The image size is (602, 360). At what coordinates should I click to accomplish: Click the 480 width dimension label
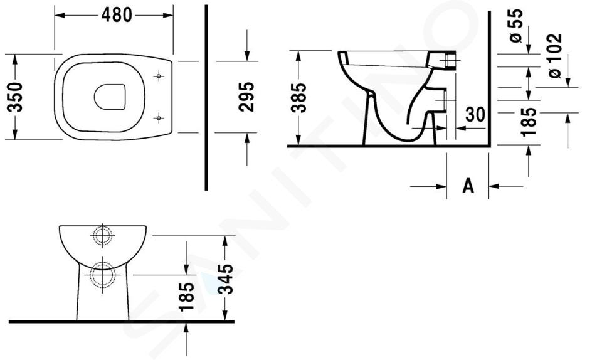(117, 15)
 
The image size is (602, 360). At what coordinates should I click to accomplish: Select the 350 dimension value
(15, 97)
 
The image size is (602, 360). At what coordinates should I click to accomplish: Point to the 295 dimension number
(246, 97)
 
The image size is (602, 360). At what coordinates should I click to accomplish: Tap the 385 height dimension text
(298, 98)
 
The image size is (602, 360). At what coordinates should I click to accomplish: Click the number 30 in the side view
(475, 114)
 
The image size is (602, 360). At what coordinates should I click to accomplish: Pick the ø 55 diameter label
(516, 25)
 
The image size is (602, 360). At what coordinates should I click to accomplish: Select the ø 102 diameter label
(555, 56)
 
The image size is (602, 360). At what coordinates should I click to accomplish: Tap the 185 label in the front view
(187, 297)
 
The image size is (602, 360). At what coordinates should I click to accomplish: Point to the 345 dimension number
(225, 279)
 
